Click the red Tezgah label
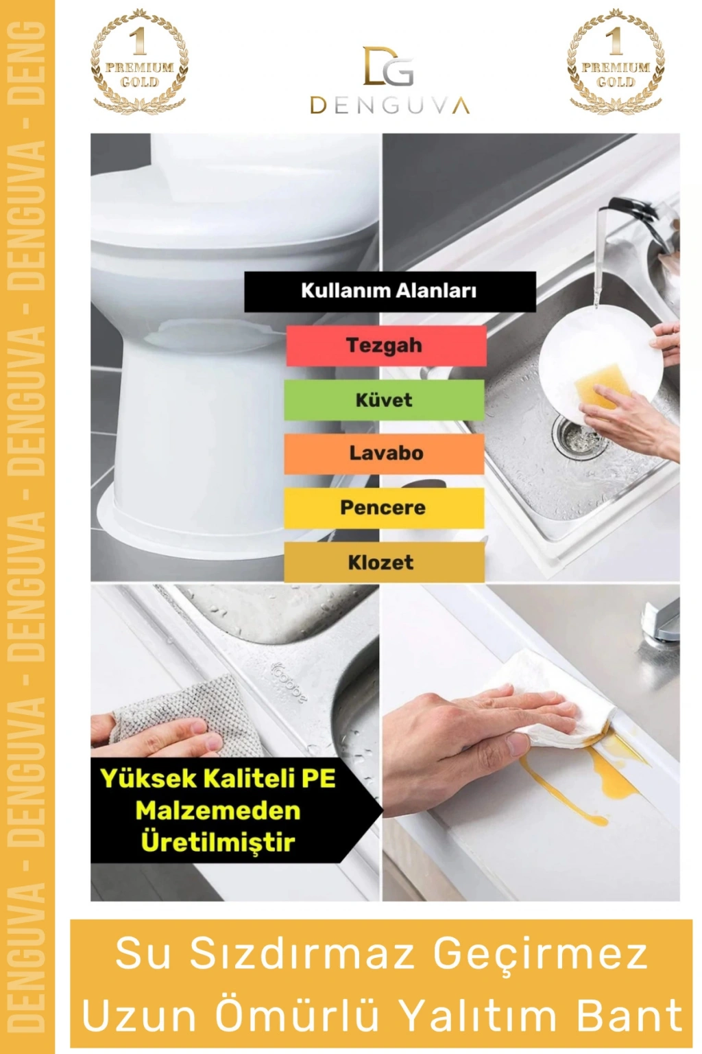pyautogui.click(x=386, y=345)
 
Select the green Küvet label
pyautogui.click(x=384, y=400)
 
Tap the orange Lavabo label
pyautogui.click(x=384, y=454)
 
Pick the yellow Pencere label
pyautogui.click(x=384, y=508)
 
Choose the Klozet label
pyautogui.click(x=384, y=562)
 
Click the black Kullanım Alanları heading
pyautogui.click(x=390, y=291)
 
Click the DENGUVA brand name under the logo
pyautogui.click(x=390, y=106)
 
